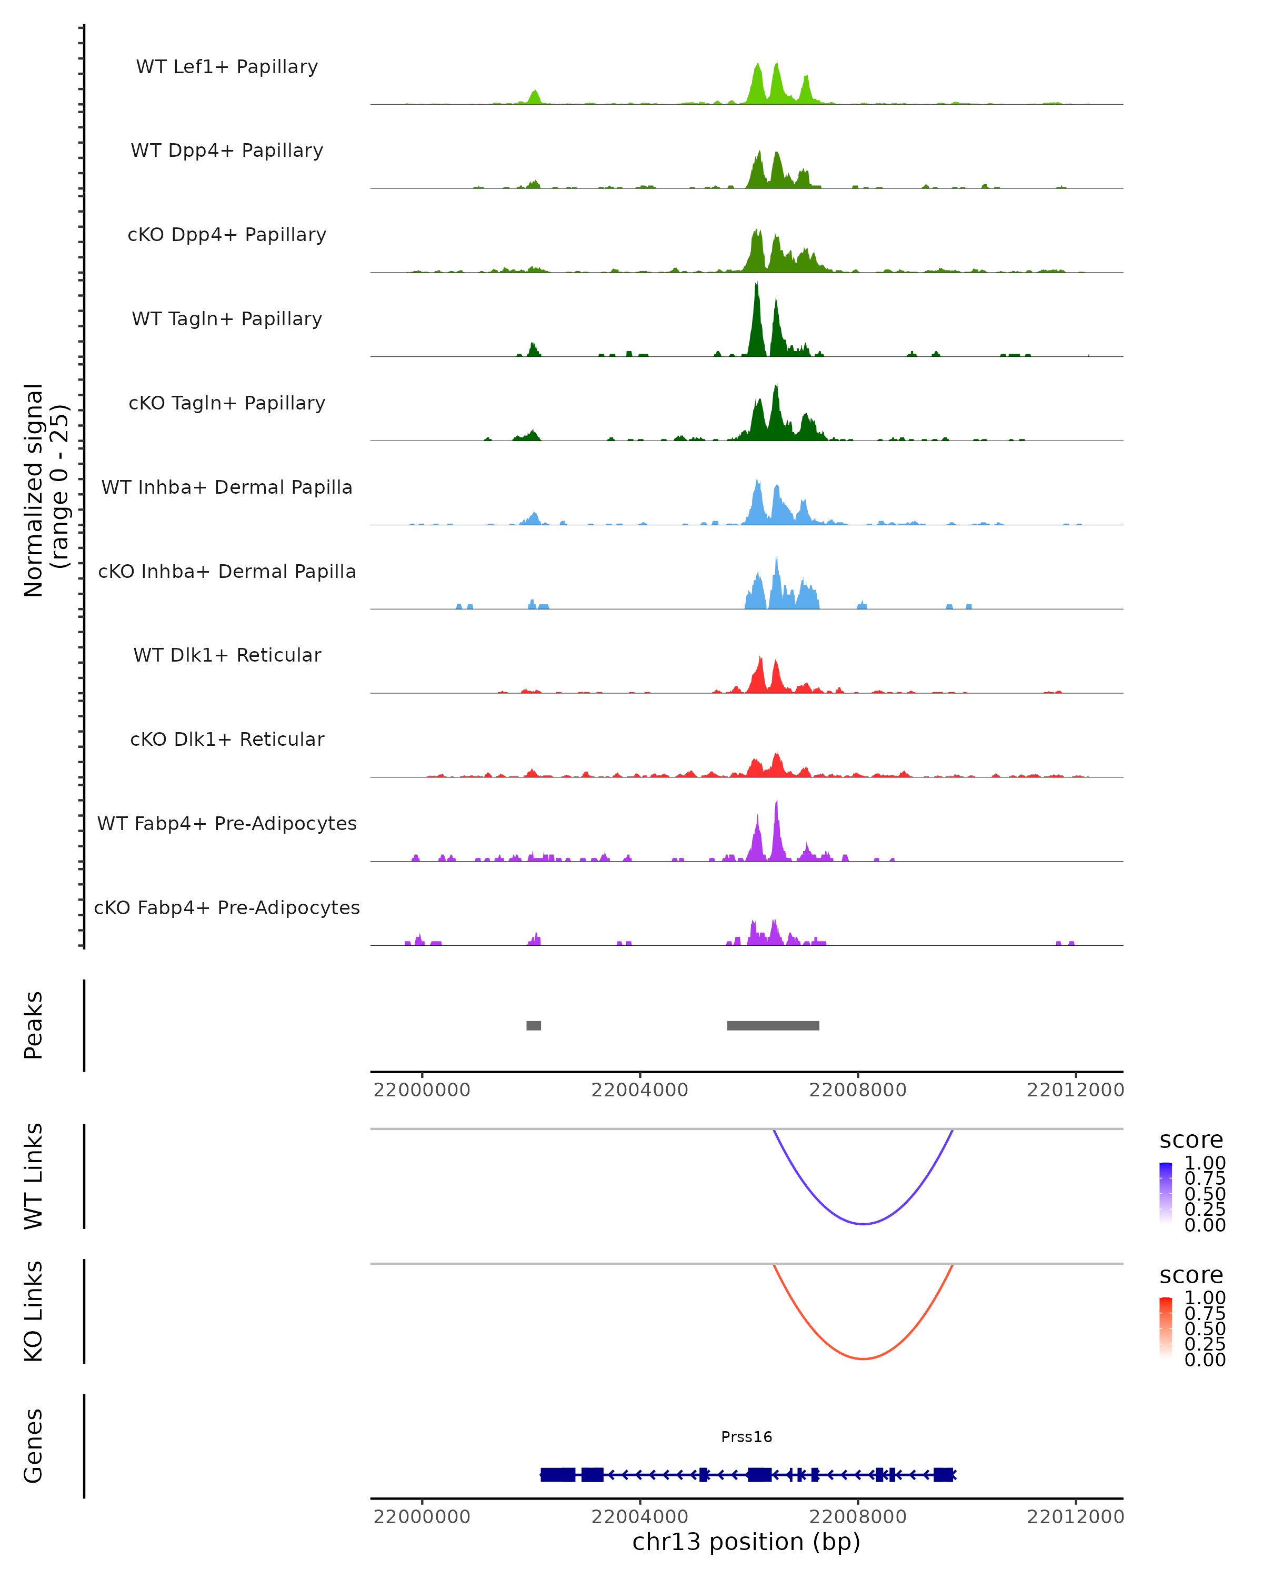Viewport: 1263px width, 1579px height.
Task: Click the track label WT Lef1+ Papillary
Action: pos(227,67)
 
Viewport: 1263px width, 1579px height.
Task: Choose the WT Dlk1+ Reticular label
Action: pos(227,655)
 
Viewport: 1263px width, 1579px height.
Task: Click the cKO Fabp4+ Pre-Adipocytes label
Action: pos(227,907)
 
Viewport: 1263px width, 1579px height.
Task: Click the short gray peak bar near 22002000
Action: pos(534,1025)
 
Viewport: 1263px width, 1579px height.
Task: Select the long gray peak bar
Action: pos(773,1025)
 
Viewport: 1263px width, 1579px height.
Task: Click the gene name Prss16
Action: pos(746,1437)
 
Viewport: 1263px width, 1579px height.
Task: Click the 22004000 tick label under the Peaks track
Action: pos(639,1090)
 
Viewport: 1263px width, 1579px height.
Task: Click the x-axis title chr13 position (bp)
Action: pos(746,1542)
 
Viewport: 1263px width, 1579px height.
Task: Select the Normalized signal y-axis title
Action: pos(45,490)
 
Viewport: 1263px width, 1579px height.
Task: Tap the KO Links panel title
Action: pos(34,1311)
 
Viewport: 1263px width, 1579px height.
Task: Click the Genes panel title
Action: pos(34,1446)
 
